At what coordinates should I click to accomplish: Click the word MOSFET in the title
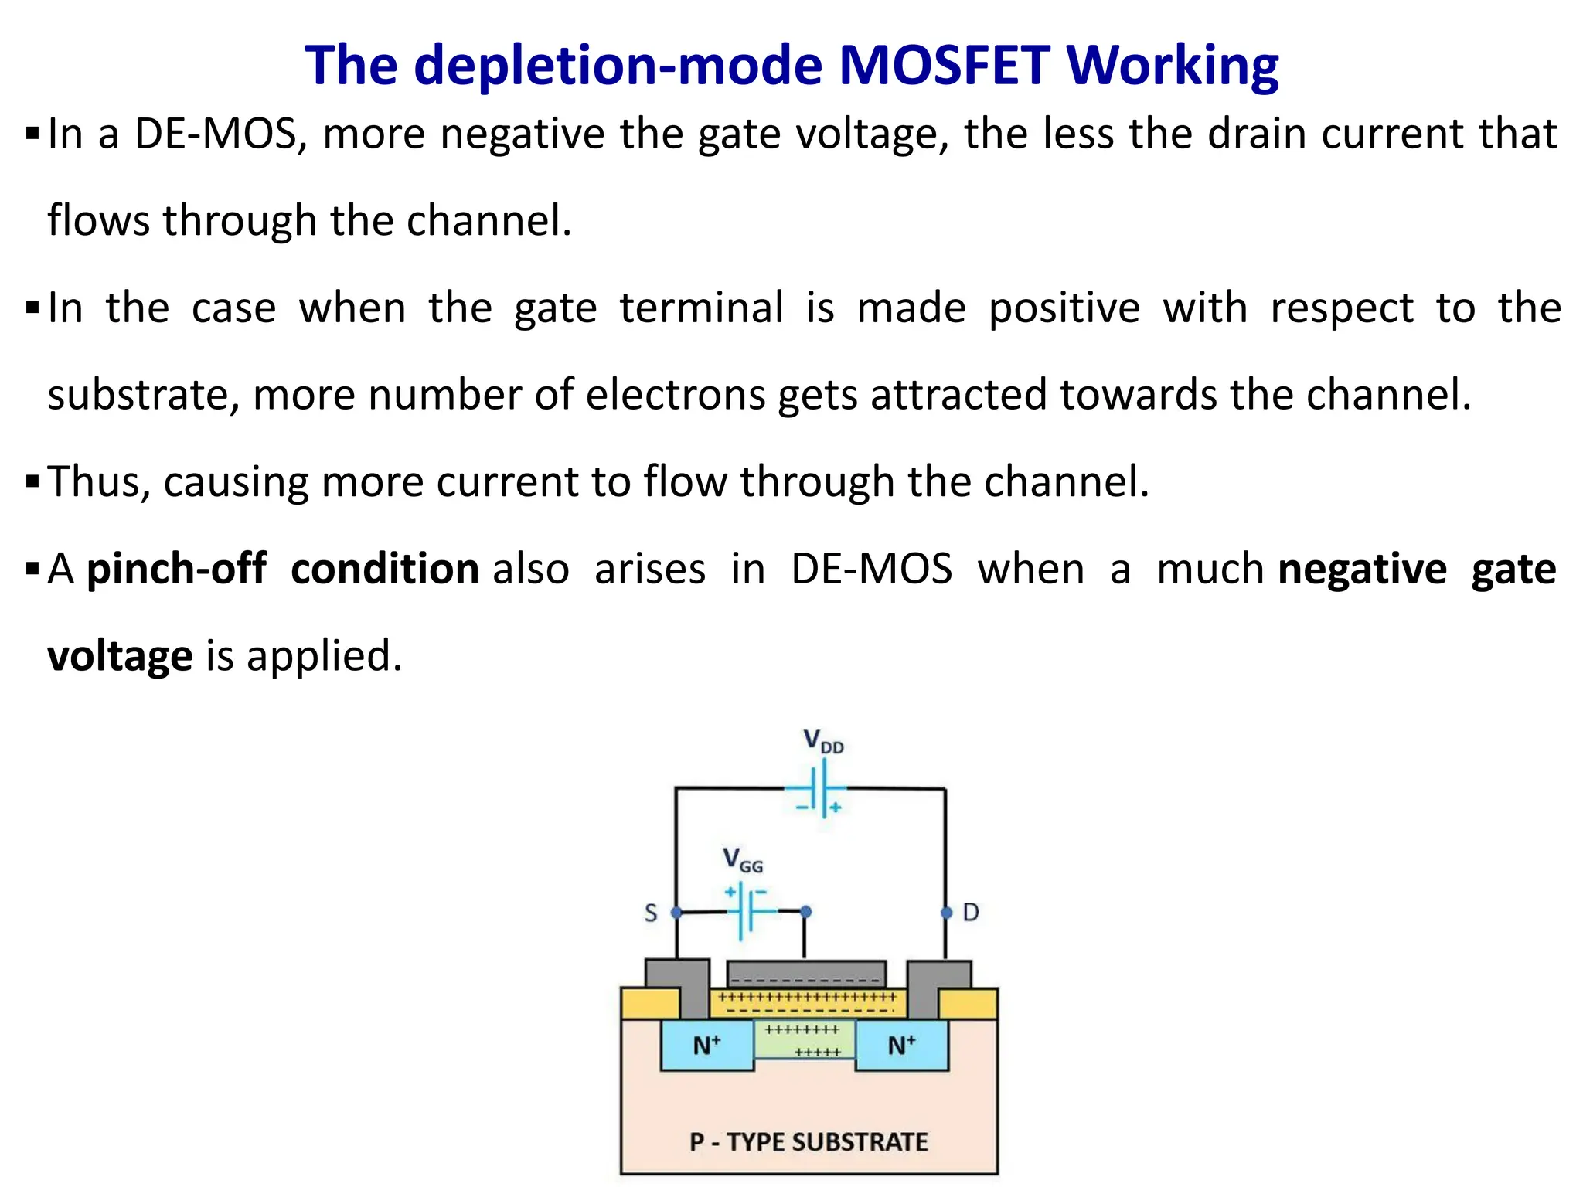pyautogui.click(x=944, y=65)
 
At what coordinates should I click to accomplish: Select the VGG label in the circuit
pyautogui.click(x=742, y=860)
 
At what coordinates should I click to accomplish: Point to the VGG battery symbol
pyautogui.click(x=747, y=912)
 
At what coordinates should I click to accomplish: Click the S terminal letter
pyautogui.click(x=651, y=913)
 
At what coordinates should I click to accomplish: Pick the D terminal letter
pyautogui.click(x=971, y=913)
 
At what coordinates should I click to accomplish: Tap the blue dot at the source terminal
pyautogui.click(x=676, y=913)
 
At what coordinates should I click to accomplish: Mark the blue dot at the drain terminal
pyautogui.click(x=946, y=913)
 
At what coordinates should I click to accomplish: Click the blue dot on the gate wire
pyautogui.click(x=805, y=912)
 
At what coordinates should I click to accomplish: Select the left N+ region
pyautogui.click(x=706, y=1046)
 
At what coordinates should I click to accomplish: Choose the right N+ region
pyautogui.click(x=901, y=1046)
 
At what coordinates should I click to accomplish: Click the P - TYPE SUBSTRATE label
pyautogui.click(x=809, y=1141)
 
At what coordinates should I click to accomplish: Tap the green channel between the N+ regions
pyautogui.click(x=804, y=1039)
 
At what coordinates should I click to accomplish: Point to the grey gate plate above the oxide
pyautogui.click(x=806, y=972)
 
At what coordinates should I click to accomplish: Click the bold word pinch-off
pyautogui.click(x=176, y=570)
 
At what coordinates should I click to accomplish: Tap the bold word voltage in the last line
pyautogui.click(x=120, y=656)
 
